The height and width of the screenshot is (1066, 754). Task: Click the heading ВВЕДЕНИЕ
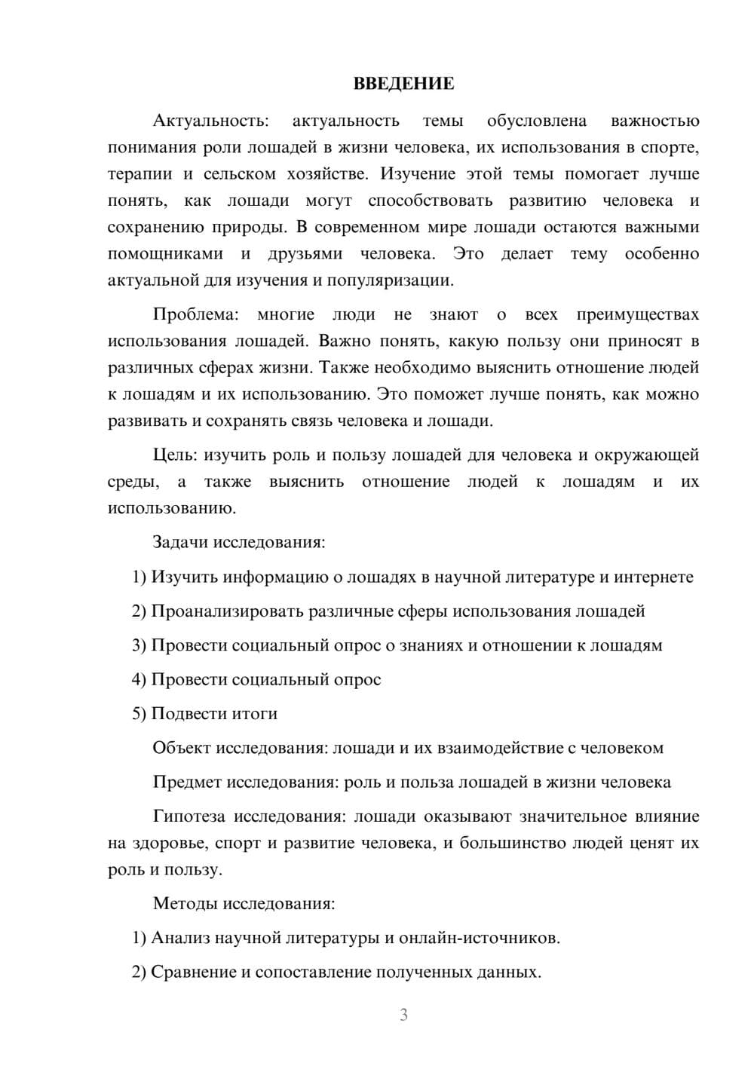403,84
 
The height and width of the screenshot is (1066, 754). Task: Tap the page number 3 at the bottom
403,1015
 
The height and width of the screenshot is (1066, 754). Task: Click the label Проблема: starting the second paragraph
195,314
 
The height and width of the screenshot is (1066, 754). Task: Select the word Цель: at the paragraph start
175,455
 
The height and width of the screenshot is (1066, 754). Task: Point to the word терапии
139,174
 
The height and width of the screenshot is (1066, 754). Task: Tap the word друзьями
305,254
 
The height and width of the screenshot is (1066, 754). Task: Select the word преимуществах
637,314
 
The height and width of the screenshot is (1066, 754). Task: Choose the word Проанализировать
227,611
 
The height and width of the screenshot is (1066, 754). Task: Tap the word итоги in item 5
255,713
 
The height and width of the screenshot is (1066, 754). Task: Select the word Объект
182,748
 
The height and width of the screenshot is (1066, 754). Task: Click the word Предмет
187,782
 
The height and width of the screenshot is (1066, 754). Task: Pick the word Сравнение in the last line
193,972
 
